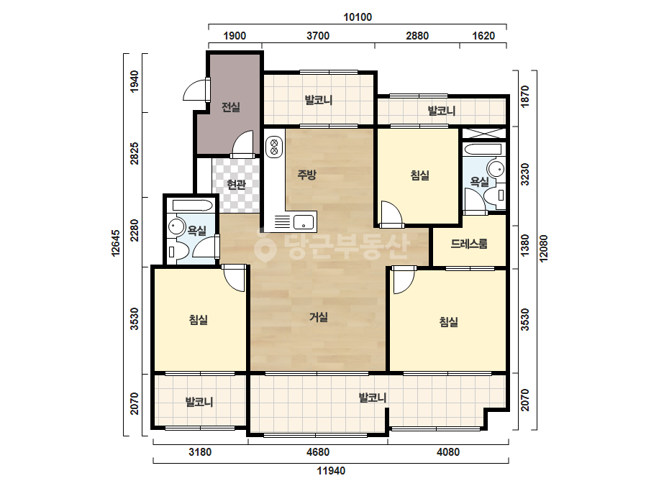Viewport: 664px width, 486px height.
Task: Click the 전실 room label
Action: coord(231,107)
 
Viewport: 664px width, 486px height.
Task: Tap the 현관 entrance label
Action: coord(236,185)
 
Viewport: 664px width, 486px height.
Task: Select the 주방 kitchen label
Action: coord(306,175)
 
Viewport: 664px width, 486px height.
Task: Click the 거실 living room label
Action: coord(319,316)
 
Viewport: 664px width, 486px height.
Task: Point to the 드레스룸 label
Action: coord(469,244)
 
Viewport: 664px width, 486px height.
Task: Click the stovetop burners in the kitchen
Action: coord(274,147)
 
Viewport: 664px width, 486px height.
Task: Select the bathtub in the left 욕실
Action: coord(192,206)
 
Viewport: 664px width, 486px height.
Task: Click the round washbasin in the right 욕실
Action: coord(496,169)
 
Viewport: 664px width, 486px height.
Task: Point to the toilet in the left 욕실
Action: coord(173,252)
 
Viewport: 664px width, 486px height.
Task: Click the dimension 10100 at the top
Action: coord(358,17)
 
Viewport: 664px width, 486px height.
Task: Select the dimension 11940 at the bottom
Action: coord(331,470)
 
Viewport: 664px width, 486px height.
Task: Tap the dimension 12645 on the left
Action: coord(116,244)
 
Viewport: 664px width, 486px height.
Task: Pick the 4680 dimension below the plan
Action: coord(317,452)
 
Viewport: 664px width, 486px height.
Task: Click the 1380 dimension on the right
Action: coord(524,246)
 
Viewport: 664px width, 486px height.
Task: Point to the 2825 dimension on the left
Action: coord(135,154)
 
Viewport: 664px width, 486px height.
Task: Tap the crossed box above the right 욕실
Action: coord(483,133)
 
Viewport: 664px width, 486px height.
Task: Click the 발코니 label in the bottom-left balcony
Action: coord(199,402)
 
